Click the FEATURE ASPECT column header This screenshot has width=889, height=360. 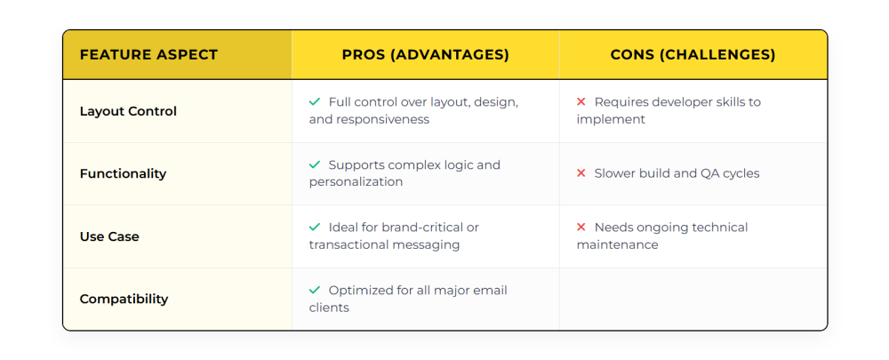click(148, 55)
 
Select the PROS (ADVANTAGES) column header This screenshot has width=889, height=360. click(425, 55)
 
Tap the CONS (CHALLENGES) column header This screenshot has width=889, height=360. click(693, 55)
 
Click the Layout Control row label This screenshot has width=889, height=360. click(128, 111)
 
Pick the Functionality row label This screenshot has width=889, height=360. click(123, 173)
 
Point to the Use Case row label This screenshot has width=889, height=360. click(109, 236)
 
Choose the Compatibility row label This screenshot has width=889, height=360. click(124, 299)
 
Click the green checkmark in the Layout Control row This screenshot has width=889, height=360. click(315, 102)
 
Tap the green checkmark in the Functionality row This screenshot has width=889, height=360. click(315, 164)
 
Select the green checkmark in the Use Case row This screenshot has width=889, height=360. click(315, 228)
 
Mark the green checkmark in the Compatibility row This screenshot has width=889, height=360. click(315, 290)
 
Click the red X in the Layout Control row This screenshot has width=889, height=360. click(581, 102)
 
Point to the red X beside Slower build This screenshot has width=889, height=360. click(581, 173)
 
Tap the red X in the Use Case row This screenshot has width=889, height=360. click(581, 228)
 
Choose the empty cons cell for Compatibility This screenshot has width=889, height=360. click(693, 299)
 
